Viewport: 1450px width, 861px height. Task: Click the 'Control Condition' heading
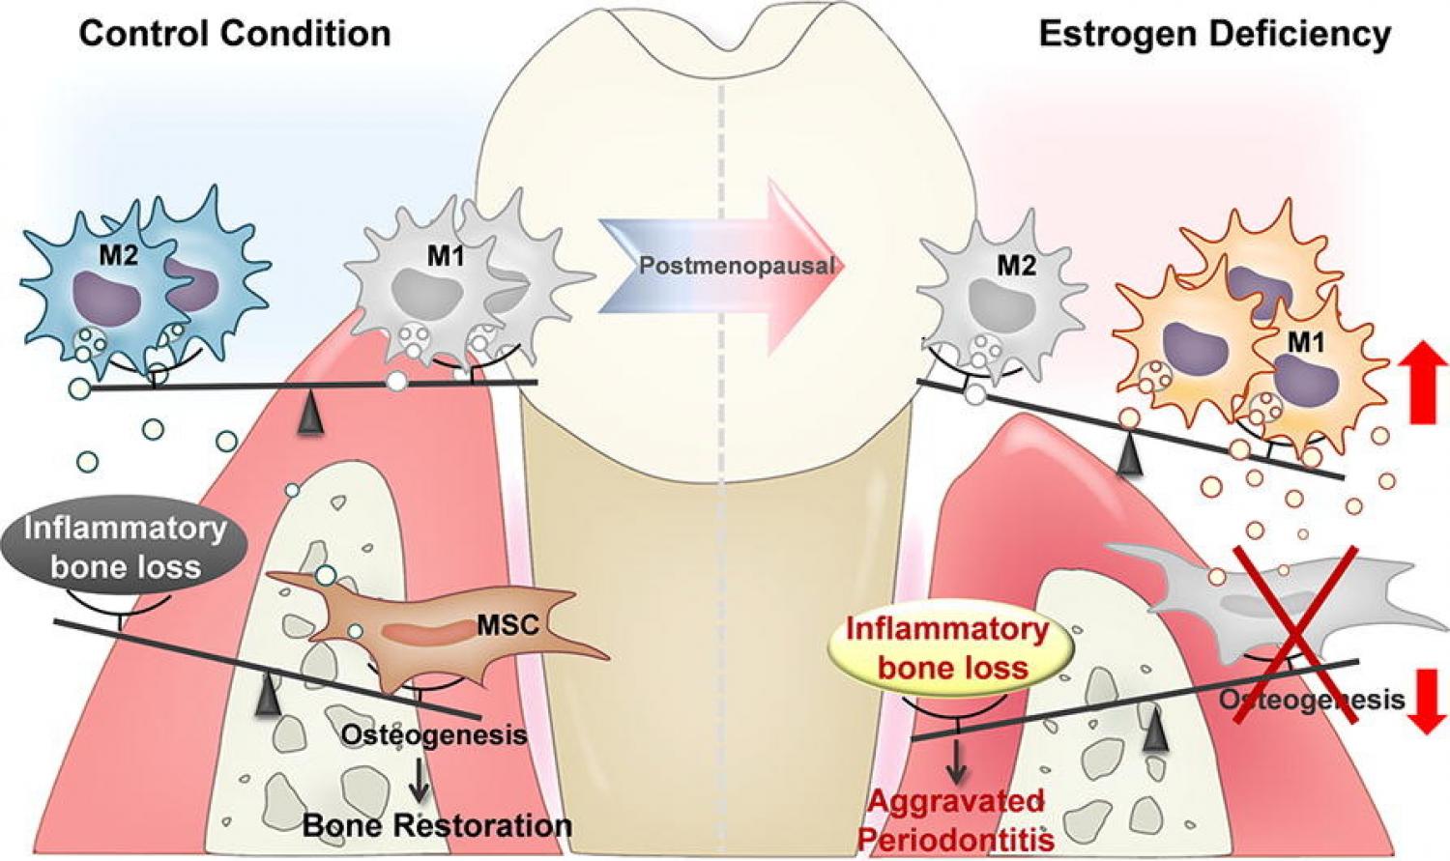(x=234, y=33)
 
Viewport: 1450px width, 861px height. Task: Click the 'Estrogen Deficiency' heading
(x=1214, y=35)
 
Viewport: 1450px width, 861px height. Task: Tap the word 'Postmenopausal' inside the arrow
(x=737, y=265)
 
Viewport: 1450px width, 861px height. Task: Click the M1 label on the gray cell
(x=447, y=257)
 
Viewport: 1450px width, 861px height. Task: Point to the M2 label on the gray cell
(x=1016, y=265)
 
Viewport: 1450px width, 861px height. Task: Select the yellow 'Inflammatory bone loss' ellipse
(x=946, y=647)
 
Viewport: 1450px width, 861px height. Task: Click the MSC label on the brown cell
(x=507, y=625)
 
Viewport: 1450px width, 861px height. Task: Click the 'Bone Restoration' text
(x=437, y=826)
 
